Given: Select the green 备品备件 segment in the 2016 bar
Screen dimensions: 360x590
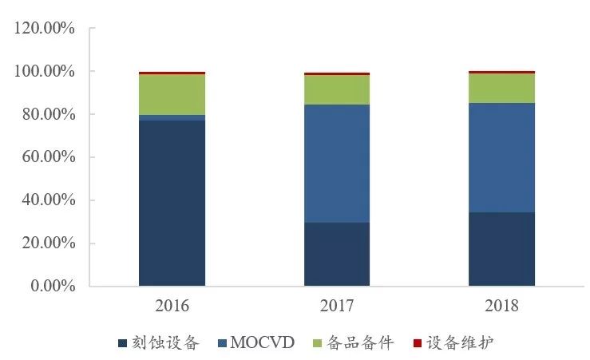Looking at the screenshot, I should [172, 94].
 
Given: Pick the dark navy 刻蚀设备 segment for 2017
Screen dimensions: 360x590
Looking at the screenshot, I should [336, 254].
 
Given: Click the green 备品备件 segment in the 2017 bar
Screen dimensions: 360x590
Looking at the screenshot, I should [336, 90].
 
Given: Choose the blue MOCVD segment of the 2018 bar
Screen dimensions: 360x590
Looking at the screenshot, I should [501, 157].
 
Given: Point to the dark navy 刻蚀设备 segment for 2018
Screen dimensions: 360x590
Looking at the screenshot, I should [501, 248].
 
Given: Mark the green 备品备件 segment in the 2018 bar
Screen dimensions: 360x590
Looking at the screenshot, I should [501, 89].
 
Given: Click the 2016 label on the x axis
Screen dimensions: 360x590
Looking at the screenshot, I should [172, 306].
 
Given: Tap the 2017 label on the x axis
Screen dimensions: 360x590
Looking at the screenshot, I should [336, 306].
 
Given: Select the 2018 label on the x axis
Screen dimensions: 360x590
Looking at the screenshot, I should [501, 306].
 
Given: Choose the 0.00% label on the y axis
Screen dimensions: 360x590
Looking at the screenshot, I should [50, 286].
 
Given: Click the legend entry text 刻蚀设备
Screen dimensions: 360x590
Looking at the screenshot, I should [164, 343].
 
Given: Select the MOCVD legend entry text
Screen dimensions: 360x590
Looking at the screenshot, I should [263, 343].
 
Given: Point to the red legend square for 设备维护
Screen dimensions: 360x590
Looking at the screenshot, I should [416, 343].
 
